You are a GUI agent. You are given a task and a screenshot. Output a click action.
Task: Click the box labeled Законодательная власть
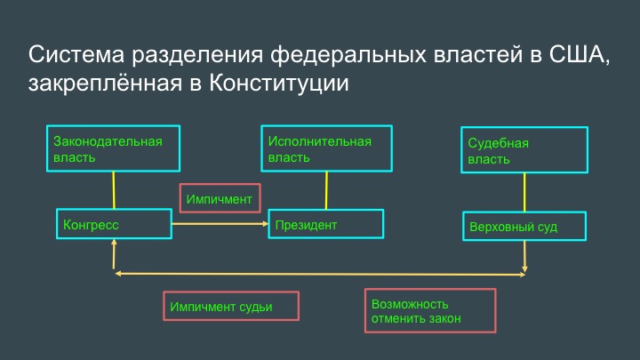(x=113, y=148)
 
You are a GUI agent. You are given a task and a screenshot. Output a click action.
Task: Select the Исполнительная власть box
(x=326, y=148)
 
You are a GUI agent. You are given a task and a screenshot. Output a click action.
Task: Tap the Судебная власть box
(x=524, y=150)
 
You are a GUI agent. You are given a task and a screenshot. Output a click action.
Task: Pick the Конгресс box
(x=114, y=224)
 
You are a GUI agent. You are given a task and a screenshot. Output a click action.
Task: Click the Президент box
(x=325, y=224)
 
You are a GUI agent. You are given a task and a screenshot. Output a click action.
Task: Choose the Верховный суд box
(x=524, y=226)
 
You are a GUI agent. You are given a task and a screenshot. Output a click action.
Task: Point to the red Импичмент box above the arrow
(x=220, y=198)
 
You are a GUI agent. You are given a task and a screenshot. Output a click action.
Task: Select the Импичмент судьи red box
(x=231, y=306)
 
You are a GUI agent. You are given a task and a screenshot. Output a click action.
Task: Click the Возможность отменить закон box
(x=430, y=310)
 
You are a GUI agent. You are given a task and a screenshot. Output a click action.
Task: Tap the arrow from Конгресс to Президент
(x=220, y=224)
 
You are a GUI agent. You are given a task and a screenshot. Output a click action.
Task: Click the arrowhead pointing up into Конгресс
(x=114, y=242)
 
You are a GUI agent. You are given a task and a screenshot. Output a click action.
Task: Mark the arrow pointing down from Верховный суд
(x=524, y=256)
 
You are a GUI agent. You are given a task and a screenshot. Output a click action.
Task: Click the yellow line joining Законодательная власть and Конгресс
(x=114, y=190)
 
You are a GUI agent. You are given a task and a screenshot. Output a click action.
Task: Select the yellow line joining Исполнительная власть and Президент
(x=326, y=190)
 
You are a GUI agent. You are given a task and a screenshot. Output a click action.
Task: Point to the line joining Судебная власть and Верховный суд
(x=524, y=192)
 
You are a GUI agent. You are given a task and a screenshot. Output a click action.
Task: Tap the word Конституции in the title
(x=279, y=83)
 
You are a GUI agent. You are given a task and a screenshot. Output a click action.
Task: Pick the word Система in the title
(x=76, y=54)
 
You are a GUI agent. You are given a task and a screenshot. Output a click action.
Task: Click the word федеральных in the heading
(x=348, y=55)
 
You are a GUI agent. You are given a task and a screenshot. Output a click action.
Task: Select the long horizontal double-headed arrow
(x=320, y=274)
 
